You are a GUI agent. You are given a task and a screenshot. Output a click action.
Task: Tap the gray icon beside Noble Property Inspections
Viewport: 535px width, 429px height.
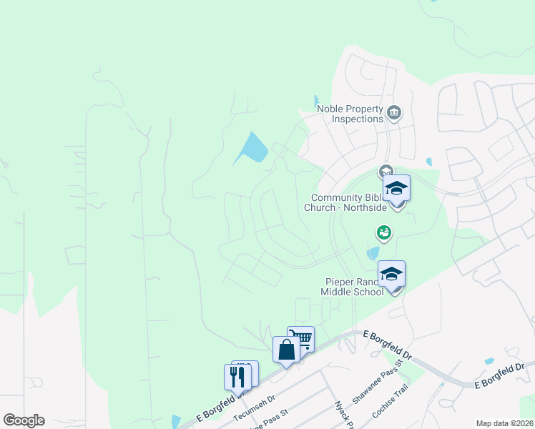(393, 113)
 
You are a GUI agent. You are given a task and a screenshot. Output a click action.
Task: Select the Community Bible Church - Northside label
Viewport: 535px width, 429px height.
(348, 202)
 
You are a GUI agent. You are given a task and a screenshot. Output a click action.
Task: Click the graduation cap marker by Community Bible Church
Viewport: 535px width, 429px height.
(396, 189)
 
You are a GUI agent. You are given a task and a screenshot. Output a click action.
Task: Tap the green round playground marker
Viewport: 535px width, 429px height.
(383, 232)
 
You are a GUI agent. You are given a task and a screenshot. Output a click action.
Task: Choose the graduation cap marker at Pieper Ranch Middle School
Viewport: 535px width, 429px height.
(391, 275)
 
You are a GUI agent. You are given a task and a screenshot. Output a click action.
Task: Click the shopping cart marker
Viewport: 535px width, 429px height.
(301, 339)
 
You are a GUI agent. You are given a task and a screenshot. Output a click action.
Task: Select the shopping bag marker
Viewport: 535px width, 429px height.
(286, 350)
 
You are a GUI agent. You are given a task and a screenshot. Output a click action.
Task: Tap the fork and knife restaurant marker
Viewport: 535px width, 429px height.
(237, 377)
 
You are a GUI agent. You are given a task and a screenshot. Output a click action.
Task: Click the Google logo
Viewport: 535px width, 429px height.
(24, 420)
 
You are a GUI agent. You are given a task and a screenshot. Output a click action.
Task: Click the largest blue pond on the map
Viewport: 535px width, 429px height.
(252, 148)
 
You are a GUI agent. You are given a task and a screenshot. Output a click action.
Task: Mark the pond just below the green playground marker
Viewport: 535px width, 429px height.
(373, 252)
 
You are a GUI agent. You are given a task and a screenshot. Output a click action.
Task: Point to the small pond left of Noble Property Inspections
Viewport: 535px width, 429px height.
(316, 102)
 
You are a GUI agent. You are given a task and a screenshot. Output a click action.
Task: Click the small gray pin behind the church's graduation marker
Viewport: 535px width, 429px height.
(386, 171)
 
